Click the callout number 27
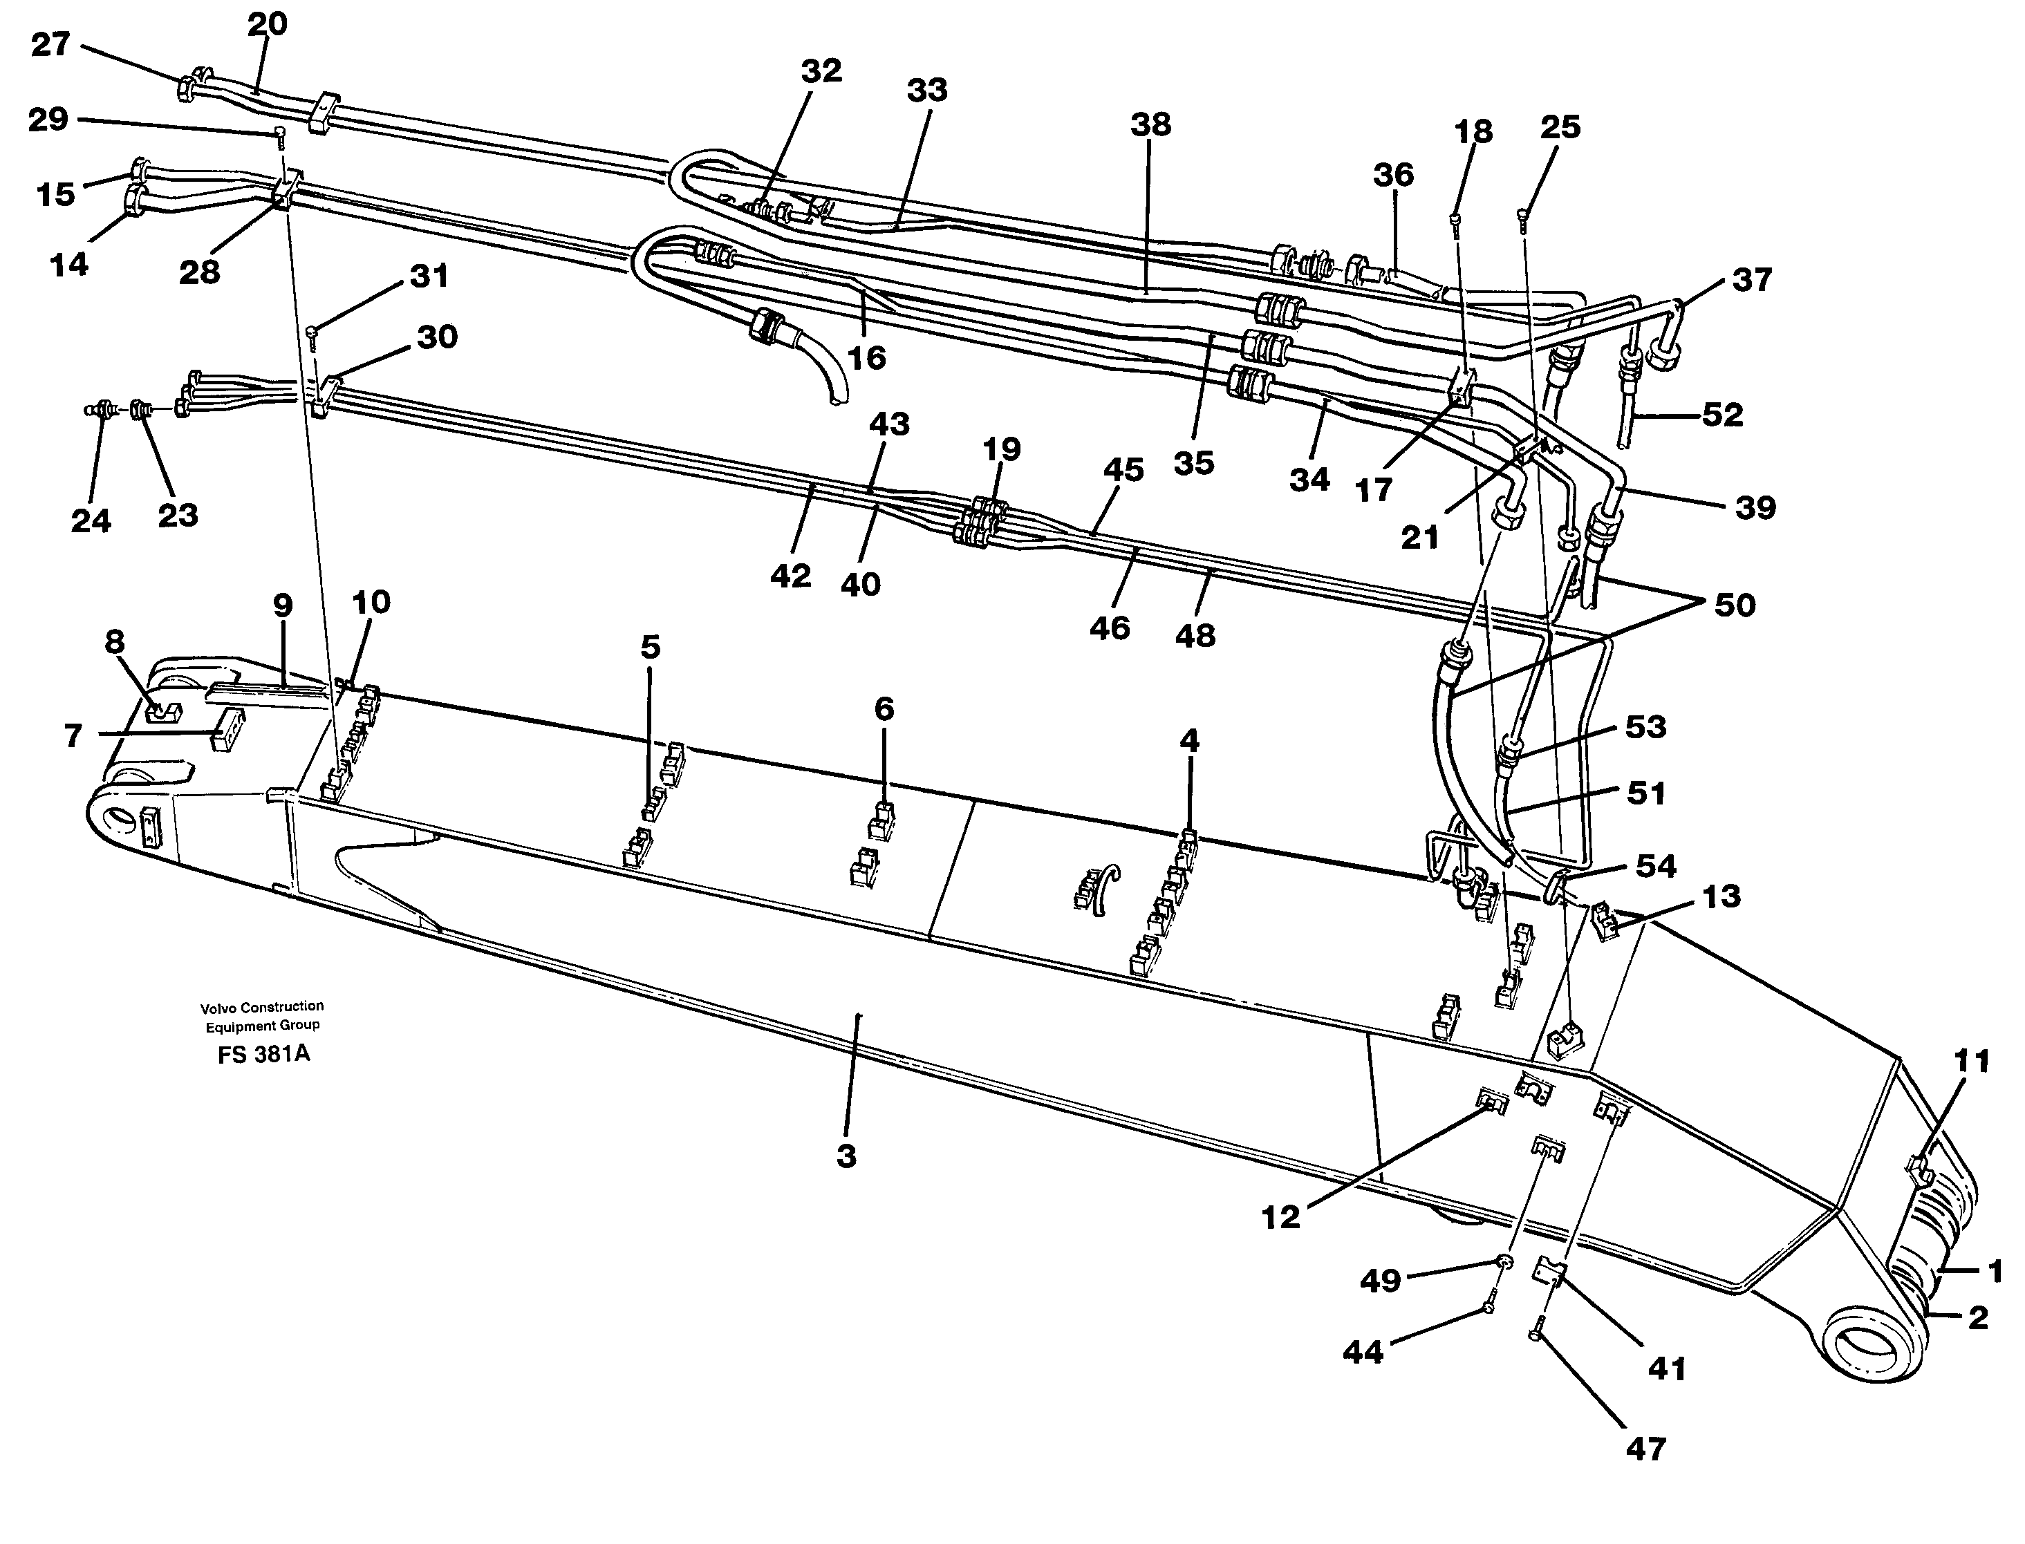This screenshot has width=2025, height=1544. (x=50, y=44)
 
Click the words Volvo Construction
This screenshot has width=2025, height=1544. (x=262, y=1006)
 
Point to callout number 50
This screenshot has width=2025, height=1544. (x=1735, y=605)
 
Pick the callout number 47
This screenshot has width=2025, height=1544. (x=1645, y=1449)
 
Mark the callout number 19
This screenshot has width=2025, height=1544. (x=1001, y=449)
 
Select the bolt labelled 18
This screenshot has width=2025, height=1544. (x=1456, y=220)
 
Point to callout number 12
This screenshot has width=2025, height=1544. (x=1280, y=1218)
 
